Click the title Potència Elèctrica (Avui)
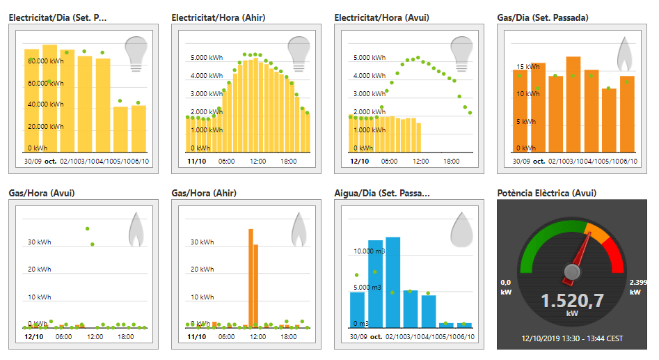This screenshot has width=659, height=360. click(x=547, y=193)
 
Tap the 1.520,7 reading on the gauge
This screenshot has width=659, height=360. click(x=572, y=301)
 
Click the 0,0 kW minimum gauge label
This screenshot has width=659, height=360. click(x=506, y=286)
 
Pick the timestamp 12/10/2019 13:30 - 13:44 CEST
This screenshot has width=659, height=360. click(x=572, y=338)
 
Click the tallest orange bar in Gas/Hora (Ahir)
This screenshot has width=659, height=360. click(x=251, y=277)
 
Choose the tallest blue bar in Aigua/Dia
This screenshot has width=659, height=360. click(x=393, y=281)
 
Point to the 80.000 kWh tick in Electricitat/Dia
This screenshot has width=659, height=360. click(x=46, y=61)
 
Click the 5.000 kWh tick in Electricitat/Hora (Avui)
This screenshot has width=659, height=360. click(x=370, y=58)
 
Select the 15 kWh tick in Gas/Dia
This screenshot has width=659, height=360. click(x=527, y=67)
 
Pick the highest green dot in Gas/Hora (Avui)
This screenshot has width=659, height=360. click(x=88, y=228)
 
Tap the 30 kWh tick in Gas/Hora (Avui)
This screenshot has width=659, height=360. click(x=40, y=242)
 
